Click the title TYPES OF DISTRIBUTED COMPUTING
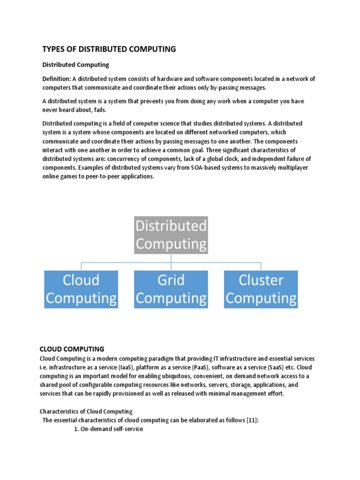point(109,49)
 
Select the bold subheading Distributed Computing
point(75,65)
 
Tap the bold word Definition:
point(57,79)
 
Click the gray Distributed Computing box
point(171,235)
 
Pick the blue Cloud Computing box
point(81,289)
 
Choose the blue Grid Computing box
point(171,289)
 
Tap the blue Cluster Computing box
point(261,289)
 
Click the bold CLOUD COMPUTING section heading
point(72,349)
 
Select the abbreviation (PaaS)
point(199,367)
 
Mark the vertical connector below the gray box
point(171,258)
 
